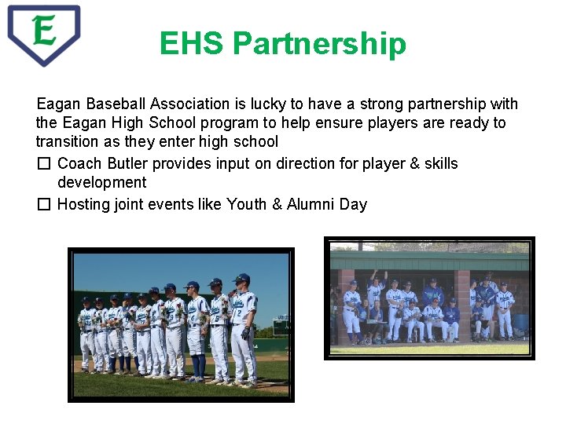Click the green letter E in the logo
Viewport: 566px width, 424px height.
[44, 31]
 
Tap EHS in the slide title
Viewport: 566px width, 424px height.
[191, 44]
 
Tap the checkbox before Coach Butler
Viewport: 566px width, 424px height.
[44, 164]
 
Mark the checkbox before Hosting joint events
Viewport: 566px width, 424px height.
[44, 205]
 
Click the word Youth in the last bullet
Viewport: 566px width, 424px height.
[246, 205]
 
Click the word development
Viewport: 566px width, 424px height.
[101, 183]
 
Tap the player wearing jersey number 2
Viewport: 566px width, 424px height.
[243, 330]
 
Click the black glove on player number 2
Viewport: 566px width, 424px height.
[245, 334]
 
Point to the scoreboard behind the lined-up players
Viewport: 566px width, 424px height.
[280, 325]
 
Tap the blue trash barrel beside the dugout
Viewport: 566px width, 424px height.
[522, 324]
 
